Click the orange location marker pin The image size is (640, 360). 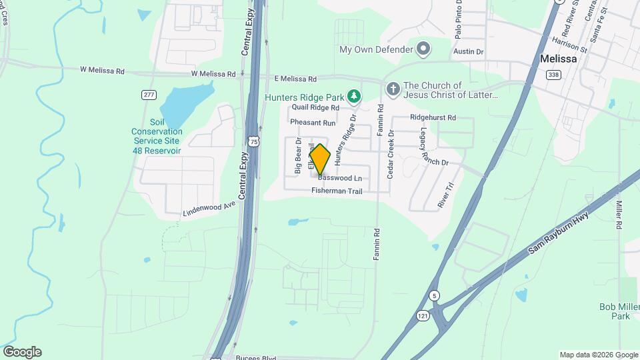click(x=320, y=160)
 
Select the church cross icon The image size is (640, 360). click(x=393, y=89)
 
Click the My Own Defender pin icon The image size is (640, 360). click(x=423, y=49)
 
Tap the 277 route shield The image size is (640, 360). click(x=149, y=95)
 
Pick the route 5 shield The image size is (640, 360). click(x=434, y=295)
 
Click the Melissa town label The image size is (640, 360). click(x=558, y=58)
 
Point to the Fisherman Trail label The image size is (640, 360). click(x=337, y=191)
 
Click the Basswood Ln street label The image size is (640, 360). click(x=340, y=178)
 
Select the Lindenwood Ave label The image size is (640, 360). click(x=210, y=209)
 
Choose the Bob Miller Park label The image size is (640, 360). click(x=614, y=311)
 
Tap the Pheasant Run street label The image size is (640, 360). click(x=313, y=123)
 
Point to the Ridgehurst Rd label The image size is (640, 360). click(x=433, y=117)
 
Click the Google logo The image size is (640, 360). click(x=22, y=352)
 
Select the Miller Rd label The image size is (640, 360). click(x=619, y=215)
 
